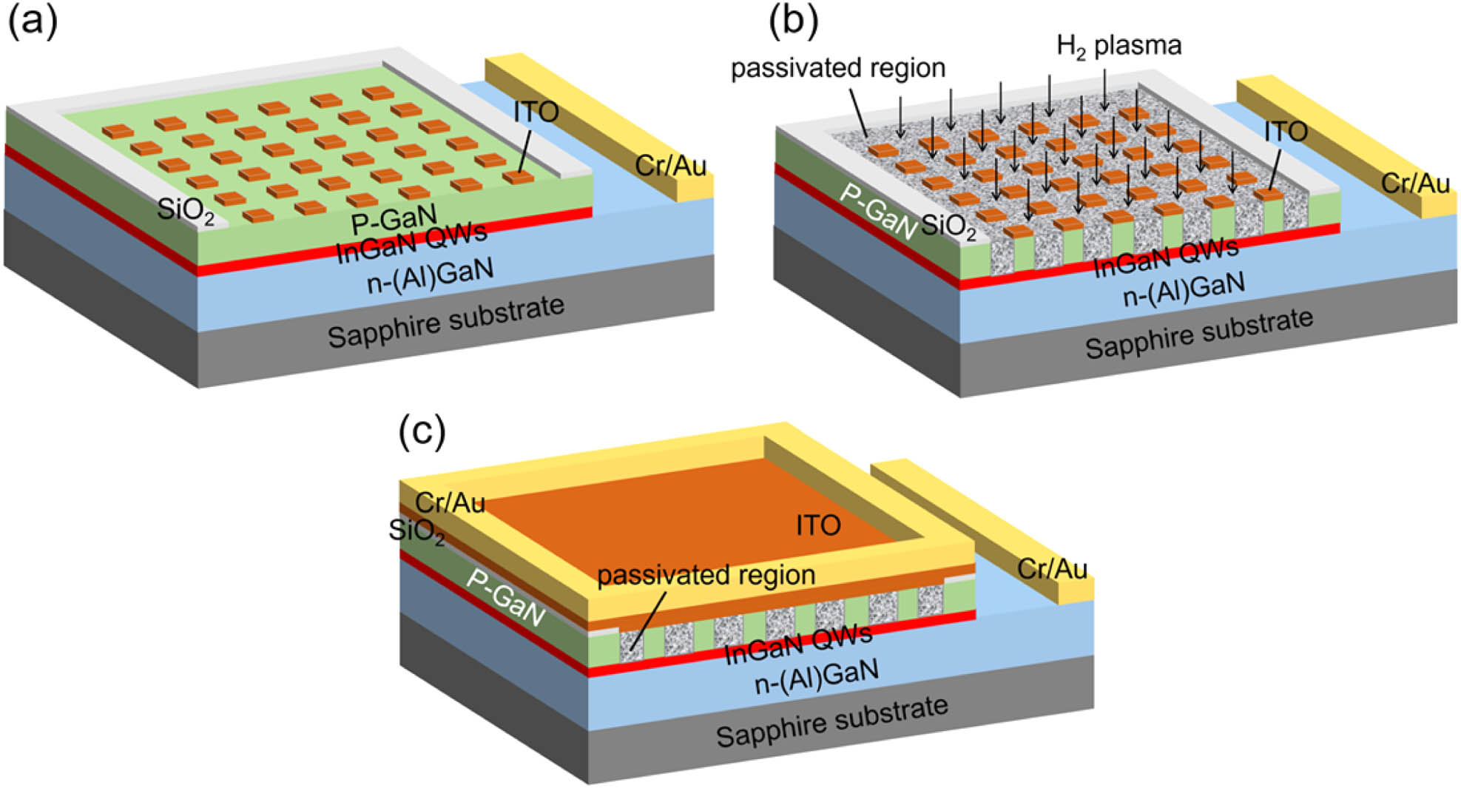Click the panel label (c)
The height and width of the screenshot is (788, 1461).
(422, 431)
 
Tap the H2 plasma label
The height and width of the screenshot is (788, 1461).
(1118, 46)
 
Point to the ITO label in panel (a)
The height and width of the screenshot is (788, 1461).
(536, 112)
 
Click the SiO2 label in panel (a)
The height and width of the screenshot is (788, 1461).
(186, 211)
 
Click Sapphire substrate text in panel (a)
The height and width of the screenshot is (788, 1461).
(446, 322)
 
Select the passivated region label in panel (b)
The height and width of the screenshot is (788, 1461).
(838, 68)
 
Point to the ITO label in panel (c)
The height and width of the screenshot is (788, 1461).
(818, 525)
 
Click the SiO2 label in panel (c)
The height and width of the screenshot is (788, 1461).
(416, 531)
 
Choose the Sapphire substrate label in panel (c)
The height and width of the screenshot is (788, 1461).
(831, 721)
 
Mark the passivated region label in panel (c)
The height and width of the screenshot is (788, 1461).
(706, 575)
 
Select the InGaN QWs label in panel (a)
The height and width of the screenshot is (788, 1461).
(411, 243)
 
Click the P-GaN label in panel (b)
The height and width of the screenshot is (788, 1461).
(878, 212)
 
